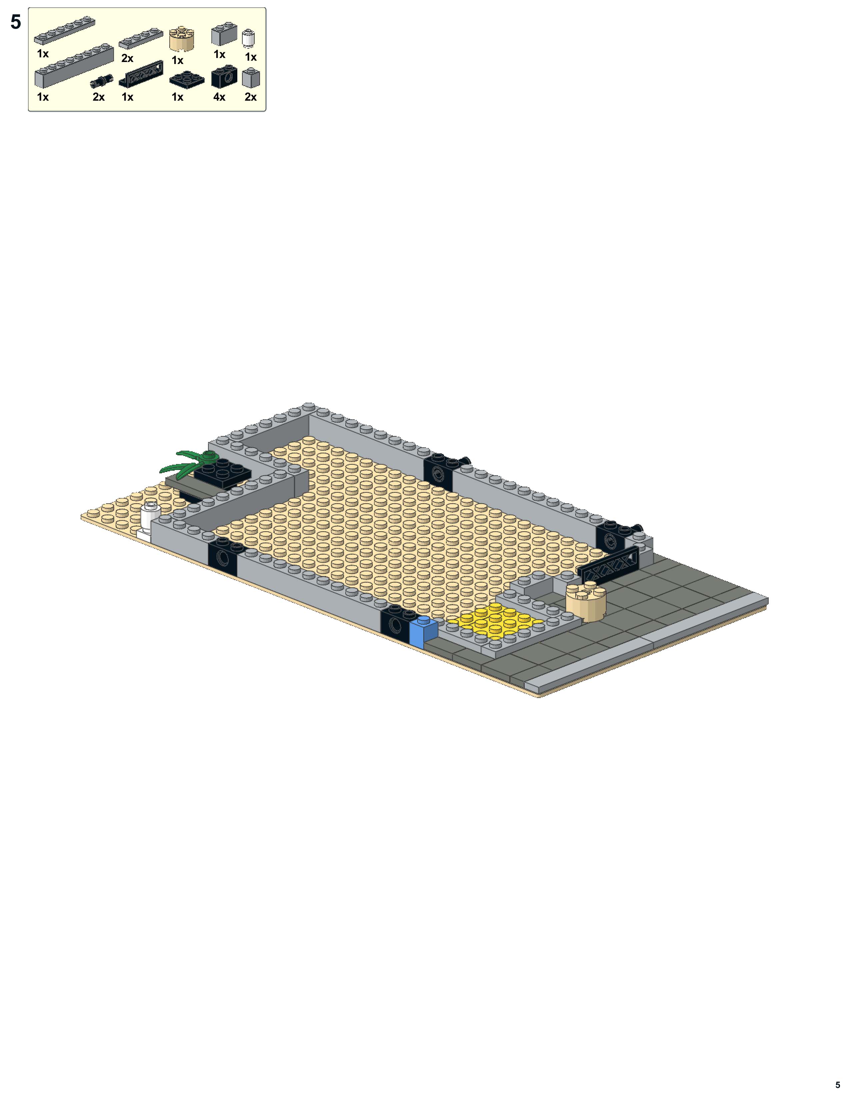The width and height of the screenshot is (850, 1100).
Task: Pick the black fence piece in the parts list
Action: point(141,74)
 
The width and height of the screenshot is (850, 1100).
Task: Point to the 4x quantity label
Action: point(219,97)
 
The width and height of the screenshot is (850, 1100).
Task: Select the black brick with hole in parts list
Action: point(224,77)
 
